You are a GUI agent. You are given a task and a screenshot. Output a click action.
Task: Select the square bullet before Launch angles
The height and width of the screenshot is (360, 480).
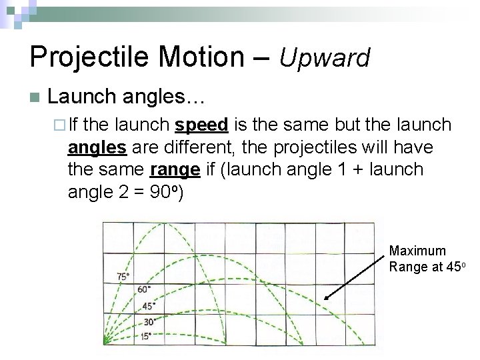click(35, 97)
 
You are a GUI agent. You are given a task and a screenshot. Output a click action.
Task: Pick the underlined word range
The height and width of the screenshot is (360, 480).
click(175, 169)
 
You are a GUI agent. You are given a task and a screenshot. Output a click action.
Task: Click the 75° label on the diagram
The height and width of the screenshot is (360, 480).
click(123, 276)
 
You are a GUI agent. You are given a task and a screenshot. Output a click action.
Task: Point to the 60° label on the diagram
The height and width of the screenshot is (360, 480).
click(143, 289)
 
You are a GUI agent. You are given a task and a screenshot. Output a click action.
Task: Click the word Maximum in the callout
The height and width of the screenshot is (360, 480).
click(417, 251)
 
